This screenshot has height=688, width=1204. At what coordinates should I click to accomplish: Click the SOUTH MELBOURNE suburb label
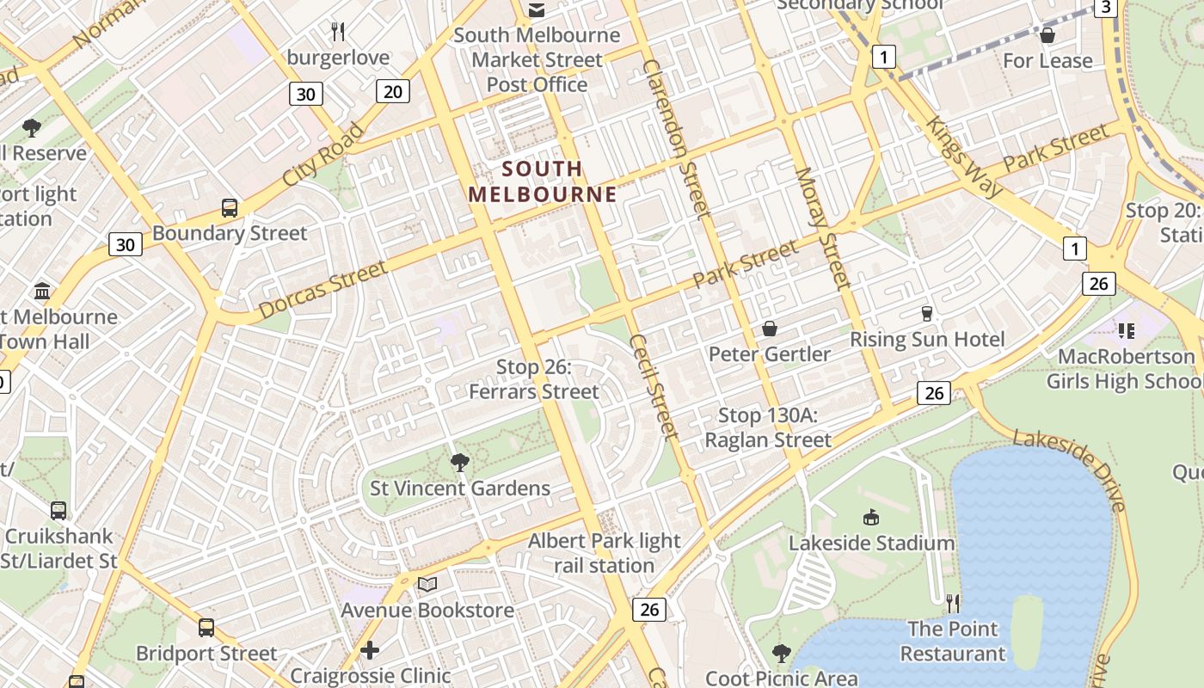(543, 181)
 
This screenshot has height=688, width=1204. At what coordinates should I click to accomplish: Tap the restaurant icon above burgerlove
(338, 33)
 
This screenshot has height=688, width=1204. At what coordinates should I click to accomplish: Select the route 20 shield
(392, 90)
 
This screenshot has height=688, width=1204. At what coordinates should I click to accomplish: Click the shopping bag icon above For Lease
(1047, 35)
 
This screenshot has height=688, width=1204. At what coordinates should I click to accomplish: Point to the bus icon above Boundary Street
(230, 207)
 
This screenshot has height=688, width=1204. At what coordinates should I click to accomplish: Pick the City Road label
(322, 156)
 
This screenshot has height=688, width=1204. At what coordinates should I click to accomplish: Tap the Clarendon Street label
(677, 138)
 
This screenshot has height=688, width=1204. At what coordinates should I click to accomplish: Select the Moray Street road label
(823, 227)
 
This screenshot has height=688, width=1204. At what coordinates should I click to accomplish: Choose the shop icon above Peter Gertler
(770, 329)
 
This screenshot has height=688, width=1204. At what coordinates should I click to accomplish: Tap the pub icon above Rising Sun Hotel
(927, 313)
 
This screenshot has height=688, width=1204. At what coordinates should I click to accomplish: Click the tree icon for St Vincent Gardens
(460, 463)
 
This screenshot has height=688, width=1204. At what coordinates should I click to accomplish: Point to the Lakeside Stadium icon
(871, 517)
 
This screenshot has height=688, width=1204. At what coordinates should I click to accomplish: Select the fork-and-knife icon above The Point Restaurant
(952, 603)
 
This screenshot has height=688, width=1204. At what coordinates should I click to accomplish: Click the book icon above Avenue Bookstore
(427, 585)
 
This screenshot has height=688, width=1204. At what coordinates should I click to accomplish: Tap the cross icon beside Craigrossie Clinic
(370, 649)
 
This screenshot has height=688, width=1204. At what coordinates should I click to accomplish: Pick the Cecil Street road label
(654, 386)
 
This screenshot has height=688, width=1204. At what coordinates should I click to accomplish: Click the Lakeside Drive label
(1070, 470)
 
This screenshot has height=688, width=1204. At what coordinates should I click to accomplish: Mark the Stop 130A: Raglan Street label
(768, 428)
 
